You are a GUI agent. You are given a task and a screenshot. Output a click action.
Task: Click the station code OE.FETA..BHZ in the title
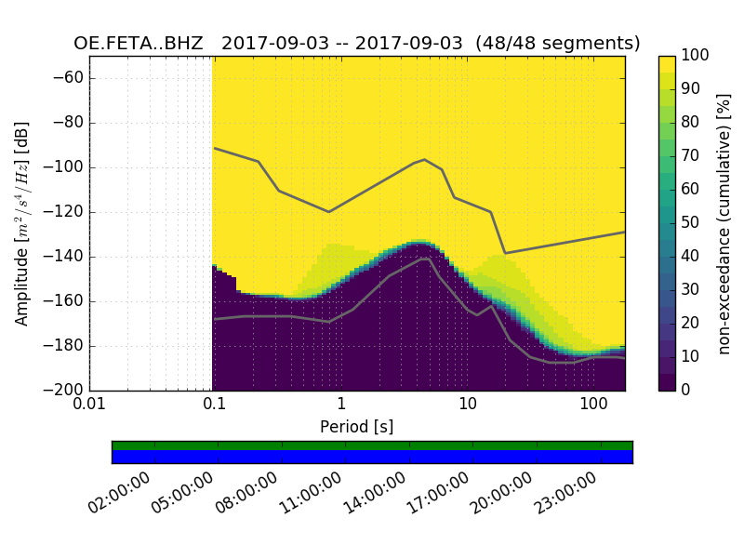pyautogui.click(x=139, y=43)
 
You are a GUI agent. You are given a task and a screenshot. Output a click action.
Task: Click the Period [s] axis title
pyautogui.click(x=357, y=426)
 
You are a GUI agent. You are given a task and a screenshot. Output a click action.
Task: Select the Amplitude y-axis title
pyautogui.click(x=22, y=223)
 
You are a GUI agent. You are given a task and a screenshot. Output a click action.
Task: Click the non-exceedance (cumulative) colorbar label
pyautogui.click(x=725, y=223)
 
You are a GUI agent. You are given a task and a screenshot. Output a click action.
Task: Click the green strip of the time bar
pyautogui.click(x=372, y=445)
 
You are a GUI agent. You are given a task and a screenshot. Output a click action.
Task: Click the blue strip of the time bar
pyautogui.click(x=372, y=457)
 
